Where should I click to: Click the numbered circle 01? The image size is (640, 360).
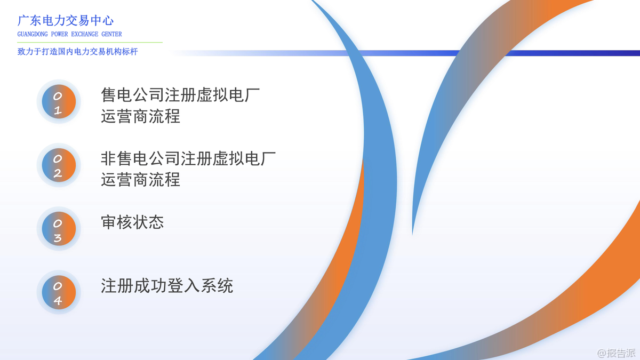tap(59, 101)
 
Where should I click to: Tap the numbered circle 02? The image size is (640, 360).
tap(59, 165)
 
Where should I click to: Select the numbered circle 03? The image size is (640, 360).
tap(59, 229)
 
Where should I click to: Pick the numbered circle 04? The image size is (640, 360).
tap(59, 292)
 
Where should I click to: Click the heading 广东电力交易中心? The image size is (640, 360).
tap(66, 21)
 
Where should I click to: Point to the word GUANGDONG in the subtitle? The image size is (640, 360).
tap(33, 34)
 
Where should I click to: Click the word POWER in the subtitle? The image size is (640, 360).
tap(59, 34)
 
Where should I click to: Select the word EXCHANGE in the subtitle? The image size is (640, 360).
tap(85, 34)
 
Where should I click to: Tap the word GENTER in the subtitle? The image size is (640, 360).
tap(111, 34)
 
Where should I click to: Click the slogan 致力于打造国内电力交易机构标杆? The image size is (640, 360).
tap(78, 52)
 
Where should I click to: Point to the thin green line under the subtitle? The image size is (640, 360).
tap(90, 42)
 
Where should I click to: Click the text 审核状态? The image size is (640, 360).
tap(133, 222)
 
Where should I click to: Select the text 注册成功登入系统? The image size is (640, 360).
tap(167, 286)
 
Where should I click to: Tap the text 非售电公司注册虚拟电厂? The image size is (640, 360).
tap(188, 159)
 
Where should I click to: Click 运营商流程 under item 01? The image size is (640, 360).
tap(141, 116)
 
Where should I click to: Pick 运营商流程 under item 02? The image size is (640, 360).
tap(141, 180)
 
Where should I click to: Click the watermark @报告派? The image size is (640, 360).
tap(617, 353)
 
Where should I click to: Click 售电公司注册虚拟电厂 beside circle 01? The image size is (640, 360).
tap(180, 95)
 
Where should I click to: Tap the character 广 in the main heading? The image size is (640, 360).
tap(23, 21)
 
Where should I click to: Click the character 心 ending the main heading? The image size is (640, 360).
tap(108, 21)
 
